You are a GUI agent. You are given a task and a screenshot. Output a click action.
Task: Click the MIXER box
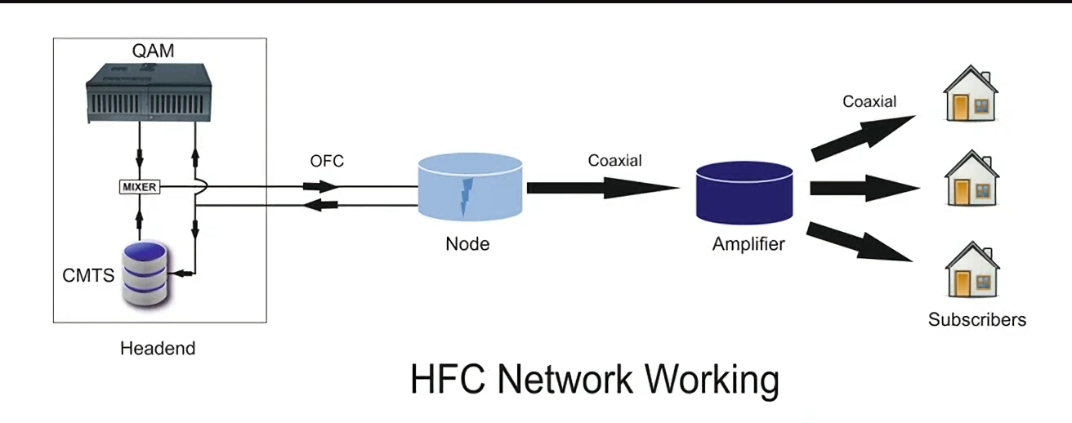tap(139, 187)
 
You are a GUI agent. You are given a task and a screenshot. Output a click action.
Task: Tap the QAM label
tap(153, 51)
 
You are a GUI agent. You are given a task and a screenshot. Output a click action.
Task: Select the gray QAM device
tap(149, 93)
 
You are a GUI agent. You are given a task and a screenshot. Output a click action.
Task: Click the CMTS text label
tap(88, 275)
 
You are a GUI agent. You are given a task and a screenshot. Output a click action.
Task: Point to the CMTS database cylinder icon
tap(145, 274)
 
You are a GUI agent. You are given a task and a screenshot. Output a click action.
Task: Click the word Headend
tap(158, 349)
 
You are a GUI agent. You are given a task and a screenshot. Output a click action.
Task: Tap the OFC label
tap(327, 161)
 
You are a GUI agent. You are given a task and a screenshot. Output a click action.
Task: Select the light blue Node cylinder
tap(470, 187)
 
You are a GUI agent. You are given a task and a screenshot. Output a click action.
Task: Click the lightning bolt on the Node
tap(466, 197)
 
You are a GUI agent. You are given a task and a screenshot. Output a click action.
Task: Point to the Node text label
tap(467, 244)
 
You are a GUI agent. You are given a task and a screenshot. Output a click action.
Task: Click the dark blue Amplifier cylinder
tap(744, 193)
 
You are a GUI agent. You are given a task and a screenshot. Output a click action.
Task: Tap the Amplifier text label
tap(748, 244)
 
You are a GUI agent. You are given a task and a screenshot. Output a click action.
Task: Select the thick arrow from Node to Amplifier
tap(603, 188)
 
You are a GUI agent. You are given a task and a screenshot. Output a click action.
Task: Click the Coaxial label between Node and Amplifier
tap(615, 160)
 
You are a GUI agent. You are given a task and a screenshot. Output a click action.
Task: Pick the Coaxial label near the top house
tap(869, 101)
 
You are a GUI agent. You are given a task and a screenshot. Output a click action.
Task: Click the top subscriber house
tap(971, 93)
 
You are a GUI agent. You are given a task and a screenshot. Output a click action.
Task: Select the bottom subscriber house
tap(972, 269)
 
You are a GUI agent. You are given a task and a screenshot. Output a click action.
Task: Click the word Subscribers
tap(977, 319)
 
